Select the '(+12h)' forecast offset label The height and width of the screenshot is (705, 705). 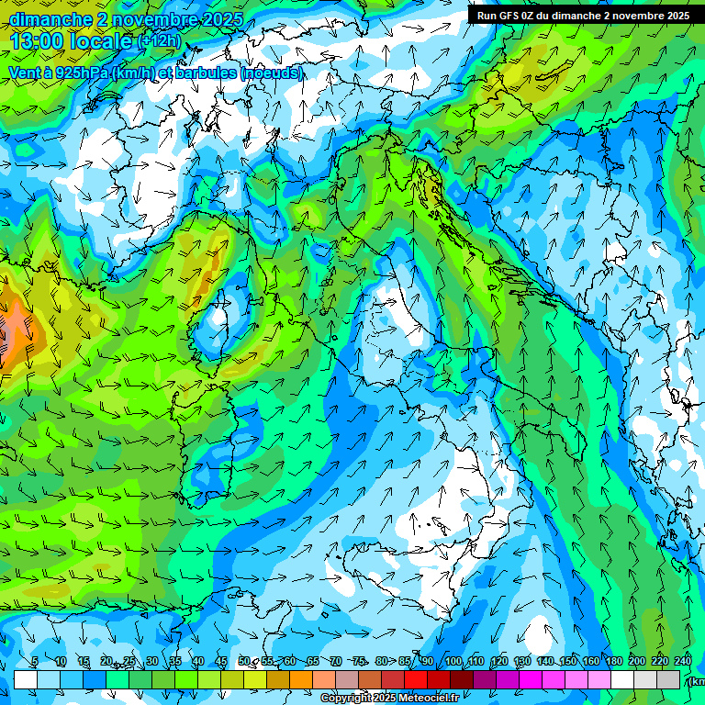(x=160, y=40)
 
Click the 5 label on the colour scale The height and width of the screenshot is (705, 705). (x=35, y=661)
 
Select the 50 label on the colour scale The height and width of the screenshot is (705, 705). (x=243, y=661)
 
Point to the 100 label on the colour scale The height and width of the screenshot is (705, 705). (x=453, y=661)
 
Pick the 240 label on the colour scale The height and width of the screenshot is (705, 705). (x=681, y=661)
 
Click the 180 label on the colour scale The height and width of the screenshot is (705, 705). (x=612, y=661)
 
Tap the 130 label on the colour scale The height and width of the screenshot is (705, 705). (x=521, y=661)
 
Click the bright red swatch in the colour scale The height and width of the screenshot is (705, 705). (x=416, y=679)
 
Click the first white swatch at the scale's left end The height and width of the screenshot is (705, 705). (x=25, y=679)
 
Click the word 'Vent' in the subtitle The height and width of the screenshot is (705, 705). (x=25, y=73)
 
